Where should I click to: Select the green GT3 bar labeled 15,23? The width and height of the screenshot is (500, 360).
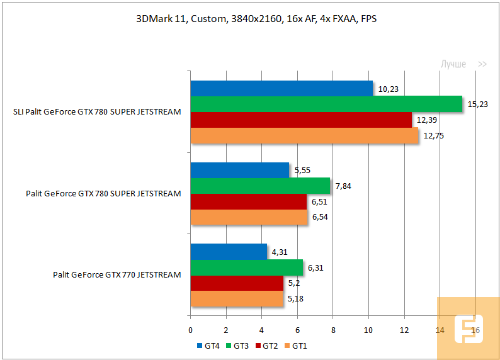(326, 104)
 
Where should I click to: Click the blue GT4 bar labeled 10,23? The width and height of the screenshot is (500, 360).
(281, 89)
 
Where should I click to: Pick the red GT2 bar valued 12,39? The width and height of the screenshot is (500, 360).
(301, 120)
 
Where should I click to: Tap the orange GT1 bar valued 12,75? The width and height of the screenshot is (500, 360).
(304, 135)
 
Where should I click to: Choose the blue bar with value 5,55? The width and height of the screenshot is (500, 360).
(240, 170)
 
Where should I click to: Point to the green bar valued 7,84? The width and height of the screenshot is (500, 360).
(260, 186)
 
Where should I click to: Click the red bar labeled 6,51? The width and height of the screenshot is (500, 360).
(248, 201)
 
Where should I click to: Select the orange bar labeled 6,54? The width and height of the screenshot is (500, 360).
(249, 217)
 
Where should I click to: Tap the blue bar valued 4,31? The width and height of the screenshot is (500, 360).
(229, 252)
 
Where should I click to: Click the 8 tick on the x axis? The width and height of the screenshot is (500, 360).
(333, 329)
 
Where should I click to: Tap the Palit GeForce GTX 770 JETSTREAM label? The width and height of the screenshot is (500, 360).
(117, 275)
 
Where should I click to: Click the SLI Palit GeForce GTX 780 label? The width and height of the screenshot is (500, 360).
(97, 112)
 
